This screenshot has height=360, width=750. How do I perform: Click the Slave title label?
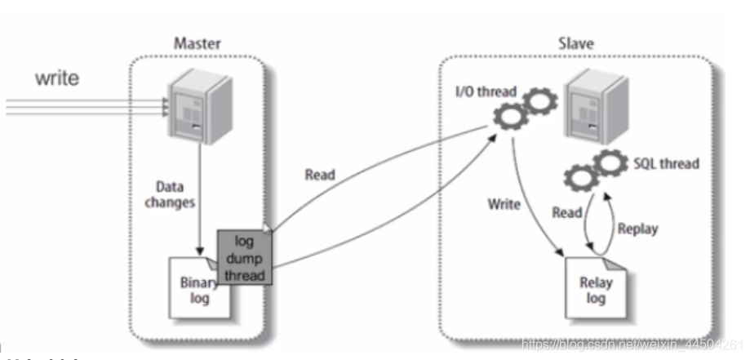point(577,42)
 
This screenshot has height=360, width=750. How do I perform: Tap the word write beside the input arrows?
point(57,80)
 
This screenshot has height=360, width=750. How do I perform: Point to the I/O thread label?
point(486,91)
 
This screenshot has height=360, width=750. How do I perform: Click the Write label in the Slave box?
point(504,204)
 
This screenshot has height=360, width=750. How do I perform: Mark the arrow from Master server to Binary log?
point(198,196)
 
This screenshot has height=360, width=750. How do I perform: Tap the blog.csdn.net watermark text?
point(632,344)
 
